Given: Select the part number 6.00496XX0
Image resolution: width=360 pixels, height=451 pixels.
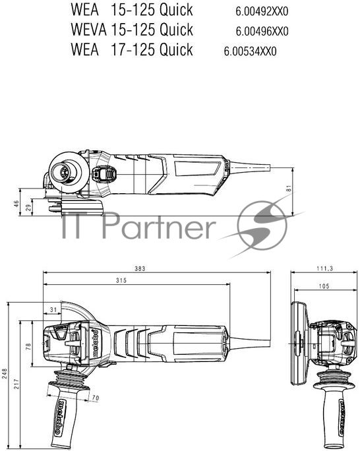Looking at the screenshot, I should (x=262, y=32).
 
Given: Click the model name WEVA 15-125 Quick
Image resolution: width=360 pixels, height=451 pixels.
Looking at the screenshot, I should (x=131, y=30).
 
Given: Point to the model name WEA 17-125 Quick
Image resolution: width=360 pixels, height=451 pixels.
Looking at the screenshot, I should (x=131, y=49).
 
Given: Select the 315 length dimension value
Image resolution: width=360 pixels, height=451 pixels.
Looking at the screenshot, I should (x=120, y=282).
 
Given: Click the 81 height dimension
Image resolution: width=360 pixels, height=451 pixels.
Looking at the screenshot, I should (x=289, y=189).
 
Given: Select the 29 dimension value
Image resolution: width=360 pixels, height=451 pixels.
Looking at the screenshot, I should (x=27, y=208).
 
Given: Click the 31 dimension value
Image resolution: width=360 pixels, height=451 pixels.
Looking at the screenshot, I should (x=53, y=309).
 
